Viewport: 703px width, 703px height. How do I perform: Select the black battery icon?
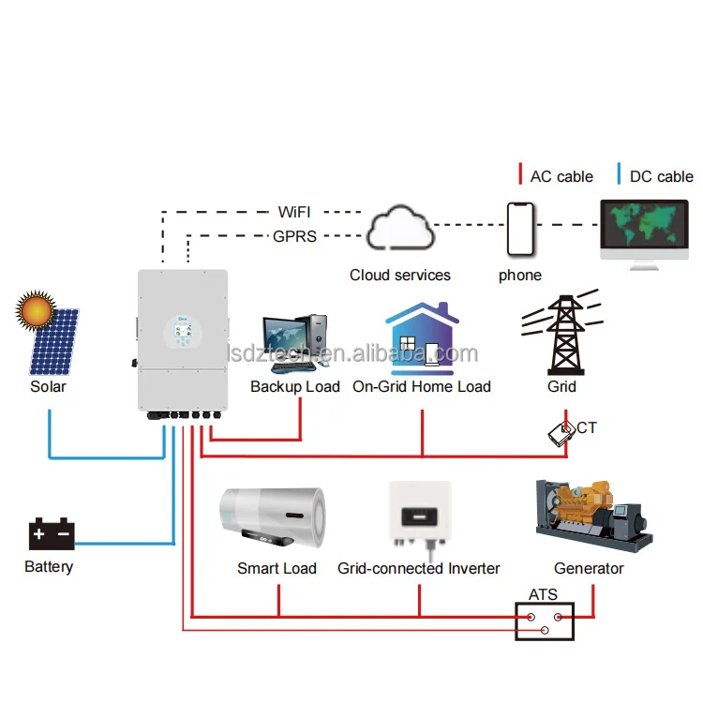point(51,535)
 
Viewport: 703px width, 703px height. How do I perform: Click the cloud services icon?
point(399,228)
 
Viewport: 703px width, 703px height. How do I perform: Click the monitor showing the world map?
point(646,230)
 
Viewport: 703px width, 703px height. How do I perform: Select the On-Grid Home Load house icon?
point(422,338)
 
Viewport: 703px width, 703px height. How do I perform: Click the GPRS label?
point(294,236)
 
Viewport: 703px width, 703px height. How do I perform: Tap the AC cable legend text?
point(561,176)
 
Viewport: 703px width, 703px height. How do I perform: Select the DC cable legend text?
point(661,176)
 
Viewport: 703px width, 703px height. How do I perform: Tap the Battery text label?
point(49,566)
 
